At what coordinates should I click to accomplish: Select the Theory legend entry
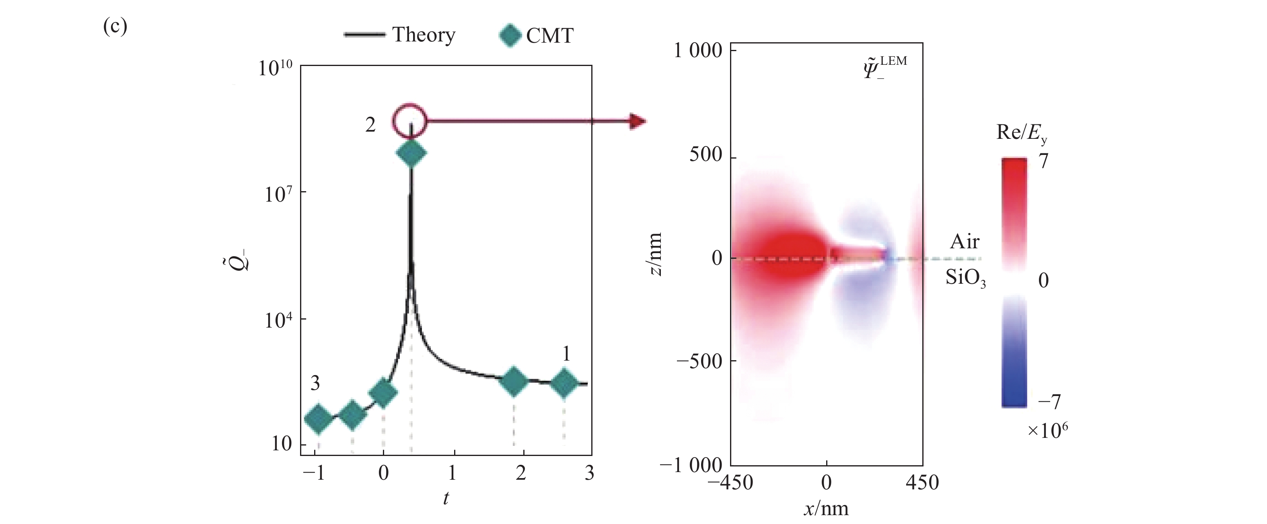(x=399, y=35)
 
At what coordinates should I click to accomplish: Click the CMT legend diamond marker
(x=510, y=35)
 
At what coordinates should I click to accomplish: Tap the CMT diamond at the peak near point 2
(x=411, y=153)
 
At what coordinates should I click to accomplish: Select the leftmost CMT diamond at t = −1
(x=318, y=419)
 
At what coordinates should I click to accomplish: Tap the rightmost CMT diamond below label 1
(x=564, y=383)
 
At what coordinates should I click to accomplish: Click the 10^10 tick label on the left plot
(x=275, y=68)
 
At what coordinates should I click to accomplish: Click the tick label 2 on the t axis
(x=521, y=473)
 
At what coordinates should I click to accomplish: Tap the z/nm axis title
(x=655, y=254)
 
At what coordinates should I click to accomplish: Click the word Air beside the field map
(x=965, y=241)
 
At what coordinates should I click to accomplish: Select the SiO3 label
(x=965, y=279)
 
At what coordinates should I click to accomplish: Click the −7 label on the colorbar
(x=1049, y=402)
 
